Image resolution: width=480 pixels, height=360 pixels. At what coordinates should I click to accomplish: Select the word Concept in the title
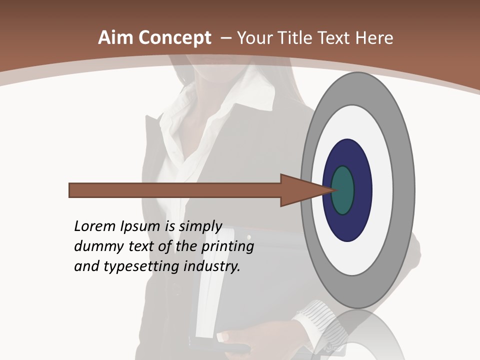click(174, 38)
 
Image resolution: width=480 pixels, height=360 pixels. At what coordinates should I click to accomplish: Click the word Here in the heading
click(374, 38)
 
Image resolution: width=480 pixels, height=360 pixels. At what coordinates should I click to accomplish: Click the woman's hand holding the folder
click(235, 340)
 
